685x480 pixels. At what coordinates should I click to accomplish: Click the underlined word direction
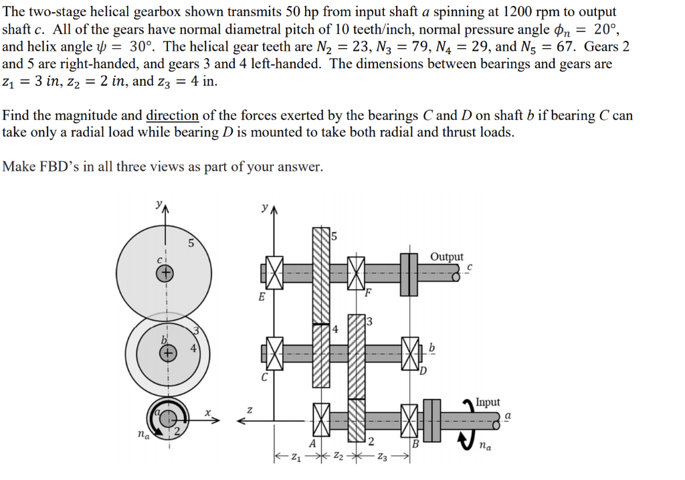pos(172,115)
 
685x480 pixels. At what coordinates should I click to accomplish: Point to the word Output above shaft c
pos(446,257)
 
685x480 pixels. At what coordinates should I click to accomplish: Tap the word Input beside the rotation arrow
pos(488,402)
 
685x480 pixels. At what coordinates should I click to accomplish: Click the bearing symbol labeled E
pos(273,273)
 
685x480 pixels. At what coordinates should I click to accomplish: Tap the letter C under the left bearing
pos(264,378)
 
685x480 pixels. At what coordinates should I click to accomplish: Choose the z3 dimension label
pos(383,458)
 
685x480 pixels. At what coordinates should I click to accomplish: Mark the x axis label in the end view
pos(208,414)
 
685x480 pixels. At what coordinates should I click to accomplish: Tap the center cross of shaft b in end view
pos(170,351)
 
